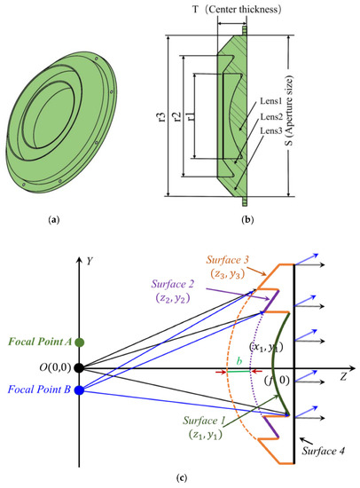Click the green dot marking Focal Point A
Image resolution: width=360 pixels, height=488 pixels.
(79, 342)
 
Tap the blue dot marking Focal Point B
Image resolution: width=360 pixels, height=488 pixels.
(79, 390)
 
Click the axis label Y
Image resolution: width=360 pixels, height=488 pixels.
(90, 261)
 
